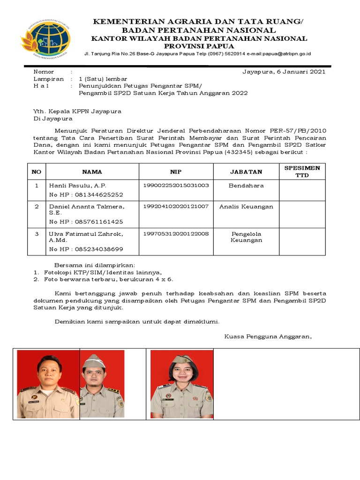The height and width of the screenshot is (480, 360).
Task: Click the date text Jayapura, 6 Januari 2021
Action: coord(284,72)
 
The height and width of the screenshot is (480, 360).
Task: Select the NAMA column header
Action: coord(92,172)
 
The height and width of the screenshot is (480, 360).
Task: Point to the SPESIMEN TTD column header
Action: coord(302,172)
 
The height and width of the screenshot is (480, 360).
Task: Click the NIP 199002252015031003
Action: coord(176,185)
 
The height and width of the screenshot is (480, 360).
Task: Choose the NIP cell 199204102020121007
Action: coord(176,207)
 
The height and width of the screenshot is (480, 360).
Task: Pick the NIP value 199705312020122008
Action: coord(176,233)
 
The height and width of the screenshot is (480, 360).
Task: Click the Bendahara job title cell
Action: coord(246,186)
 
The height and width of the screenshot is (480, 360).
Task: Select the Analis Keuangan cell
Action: coord(246,207)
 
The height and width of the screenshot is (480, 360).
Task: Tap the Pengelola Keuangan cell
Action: coord(246,237)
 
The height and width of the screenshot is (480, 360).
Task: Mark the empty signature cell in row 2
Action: coord(302,214)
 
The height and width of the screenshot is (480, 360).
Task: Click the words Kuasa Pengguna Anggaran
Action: coord(268,337)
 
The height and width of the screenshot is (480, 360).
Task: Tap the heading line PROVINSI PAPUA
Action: coord(199,46)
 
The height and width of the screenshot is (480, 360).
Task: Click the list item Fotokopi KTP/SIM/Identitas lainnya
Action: coord(103,272)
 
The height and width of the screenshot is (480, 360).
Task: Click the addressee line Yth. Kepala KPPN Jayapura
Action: coord(77,112)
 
